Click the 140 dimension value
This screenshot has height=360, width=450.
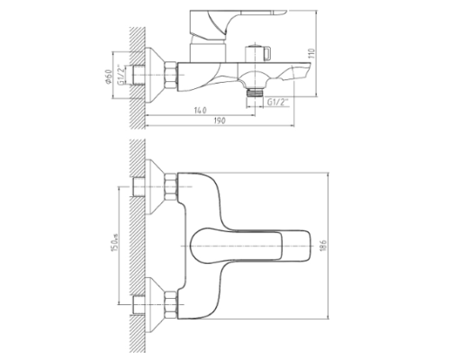pyautogui.click(x=201, y=111)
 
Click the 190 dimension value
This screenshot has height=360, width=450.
pyautogui.click(x=220, y=121)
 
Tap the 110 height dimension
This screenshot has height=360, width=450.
pyautogui.click(x=312, y=53)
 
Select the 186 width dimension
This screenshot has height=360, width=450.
pyautogui.click(x=323, y=246)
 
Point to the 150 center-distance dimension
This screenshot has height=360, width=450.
pyautogui.click(x=114, y=244)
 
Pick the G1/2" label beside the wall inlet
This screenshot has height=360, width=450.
pyautogui.click(x=121, y=75)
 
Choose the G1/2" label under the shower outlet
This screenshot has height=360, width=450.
pyautogui.click(x=277, y=103)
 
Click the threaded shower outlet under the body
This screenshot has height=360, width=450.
pyautogui.click(x=255, y=93)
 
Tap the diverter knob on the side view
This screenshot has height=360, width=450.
pyautogui.click(x=258, y=53)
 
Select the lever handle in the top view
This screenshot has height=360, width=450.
pyautogui.click(x=250, y=246)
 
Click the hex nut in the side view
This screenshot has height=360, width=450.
pyautogui.click(x=170, y=75)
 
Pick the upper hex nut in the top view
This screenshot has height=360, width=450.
pyautogui.click(x=170, y=187)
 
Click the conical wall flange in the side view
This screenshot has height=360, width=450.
pyautogui.click(x=155, y=75)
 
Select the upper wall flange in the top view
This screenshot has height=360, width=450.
pyautogui.click(x=155, y=187)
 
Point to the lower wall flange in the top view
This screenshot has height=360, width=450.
pyautogui.click(x=155, y=304)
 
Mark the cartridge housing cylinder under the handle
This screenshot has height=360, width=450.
pyautogui.click(x=207, y=51)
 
